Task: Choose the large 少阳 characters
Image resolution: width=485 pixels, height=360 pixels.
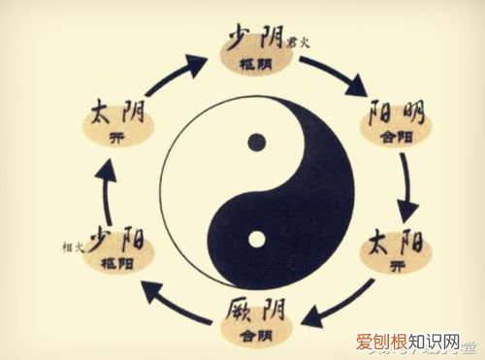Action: click(113, 241)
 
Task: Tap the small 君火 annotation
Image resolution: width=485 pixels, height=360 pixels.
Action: click(297, 41)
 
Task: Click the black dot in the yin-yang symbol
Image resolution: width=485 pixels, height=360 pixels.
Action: click(255, 142)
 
